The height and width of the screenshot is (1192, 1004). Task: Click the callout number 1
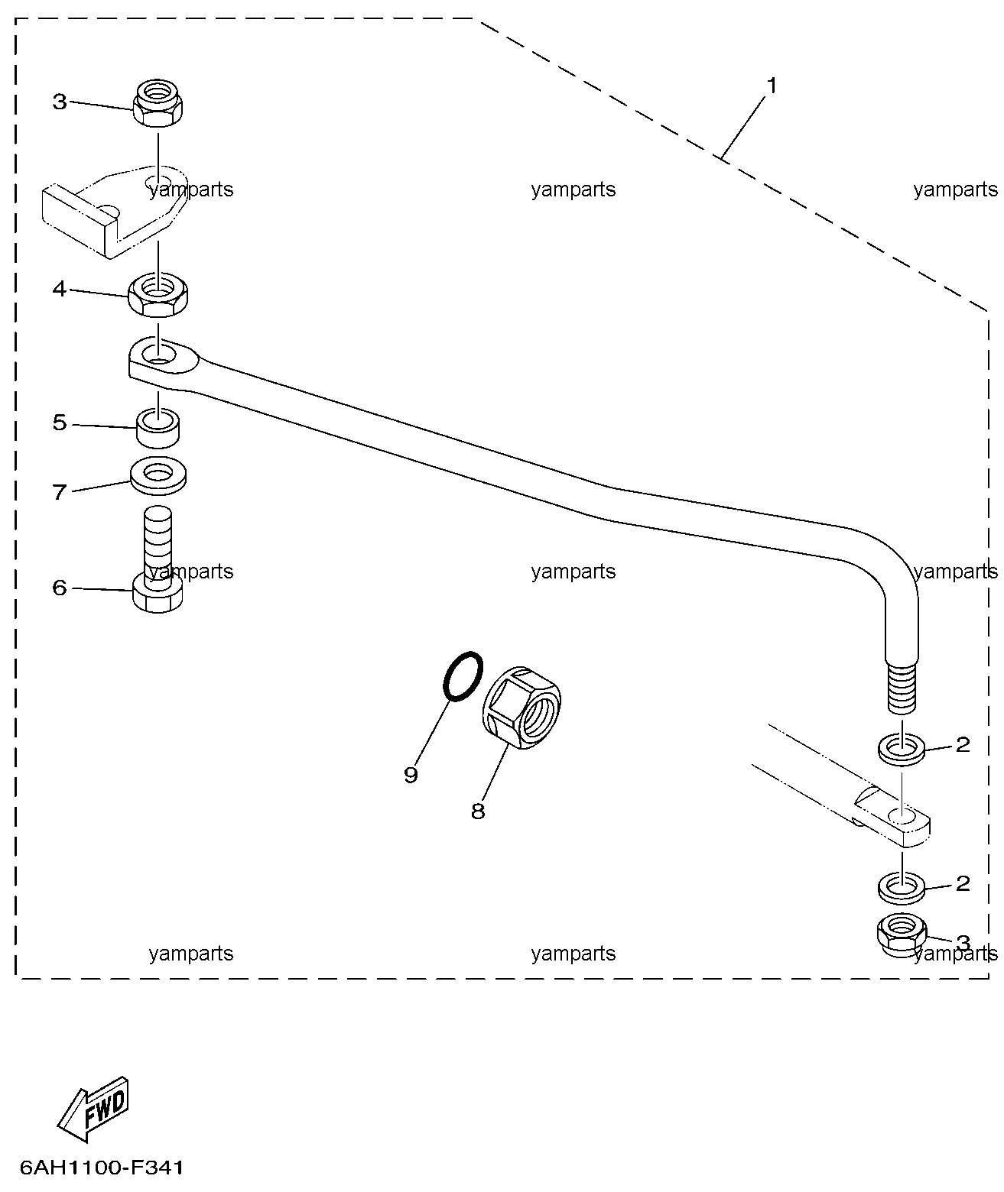(772, 86)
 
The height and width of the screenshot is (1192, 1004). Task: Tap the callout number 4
(60, 289)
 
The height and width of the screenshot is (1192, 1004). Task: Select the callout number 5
(60, 423)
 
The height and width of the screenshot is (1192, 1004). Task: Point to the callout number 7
(60, 491)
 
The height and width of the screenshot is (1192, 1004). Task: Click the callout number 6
(60, 588)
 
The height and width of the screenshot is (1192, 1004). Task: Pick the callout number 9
(411, 775)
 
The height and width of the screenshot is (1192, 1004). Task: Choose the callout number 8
(478, 811)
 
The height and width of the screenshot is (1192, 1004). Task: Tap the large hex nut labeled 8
(521, 707)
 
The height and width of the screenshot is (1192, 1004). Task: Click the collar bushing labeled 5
(158, 428)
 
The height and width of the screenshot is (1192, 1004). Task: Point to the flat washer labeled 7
(158, 475)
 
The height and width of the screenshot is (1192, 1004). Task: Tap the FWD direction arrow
(93, 1109)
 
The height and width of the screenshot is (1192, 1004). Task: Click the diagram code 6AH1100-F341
(102, 1168)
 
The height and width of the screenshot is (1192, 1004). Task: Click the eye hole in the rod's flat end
(159, 354)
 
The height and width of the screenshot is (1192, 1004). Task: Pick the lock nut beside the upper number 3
(158, 102)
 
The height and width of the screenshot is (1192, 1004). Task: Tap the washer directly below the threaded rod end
(902, 750)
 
